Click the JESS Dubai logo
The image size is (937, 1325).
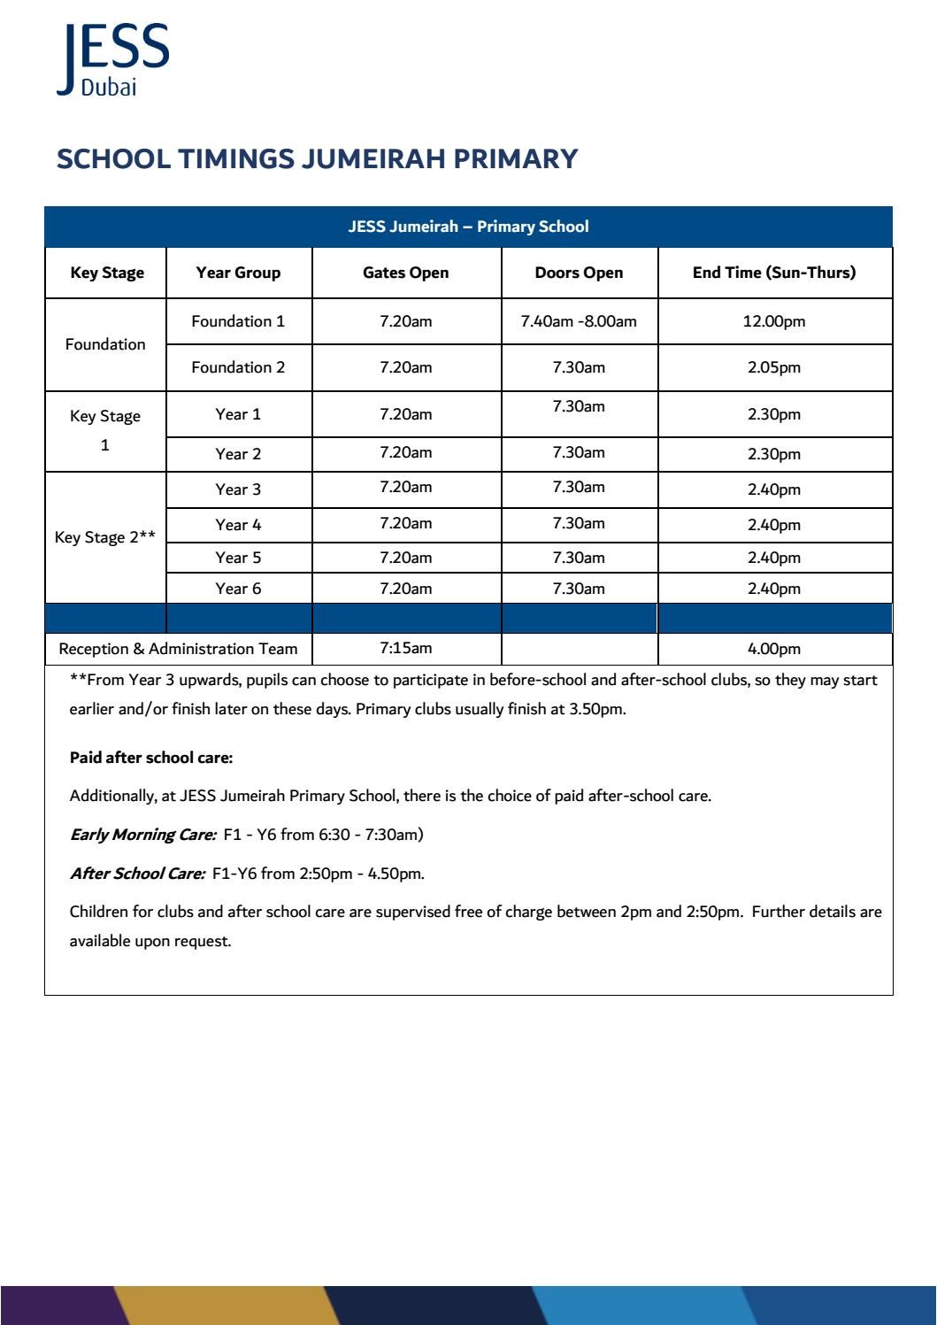(x=112, y=59)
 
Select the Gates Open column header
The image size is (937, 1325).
(x=405, y=273)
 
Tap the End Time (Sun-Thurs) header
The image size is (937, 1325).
(x=773, y=273)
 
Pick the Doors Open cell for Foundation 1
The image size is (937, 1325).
(x=579, y=321)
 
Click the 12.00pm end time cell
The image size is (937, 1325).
(x=773, y=321)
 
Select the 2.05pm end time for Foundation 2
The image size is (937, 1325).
(x=773, y=367)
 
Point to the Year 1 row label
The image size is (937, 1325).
(x=238, y=414)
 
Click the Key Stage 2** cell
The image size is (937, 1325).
(x=105, y=537)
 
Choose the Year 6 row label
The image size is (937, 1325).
(x=238, y=589)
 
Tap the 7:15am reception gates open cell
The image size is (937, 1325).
(x=405, y=648)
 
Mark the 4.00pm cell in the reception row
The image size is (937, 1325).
(x=773, y=649)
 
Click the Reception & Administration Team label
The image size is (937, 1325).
(x=178, y=649)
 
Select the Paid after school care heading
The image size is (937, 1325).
(x=151, y=758)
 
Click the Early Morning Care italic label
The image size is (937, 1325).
(x=142, y=835)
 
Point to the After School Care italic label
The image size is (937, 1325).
(x=137, y=874)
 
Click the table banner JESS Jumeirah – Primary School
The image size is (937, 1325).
(x=468, y=227)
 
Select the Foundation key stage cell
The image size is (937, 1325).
(x=105, y=344)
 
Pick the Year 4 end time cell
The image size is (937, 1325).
(x=773, y=525)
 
